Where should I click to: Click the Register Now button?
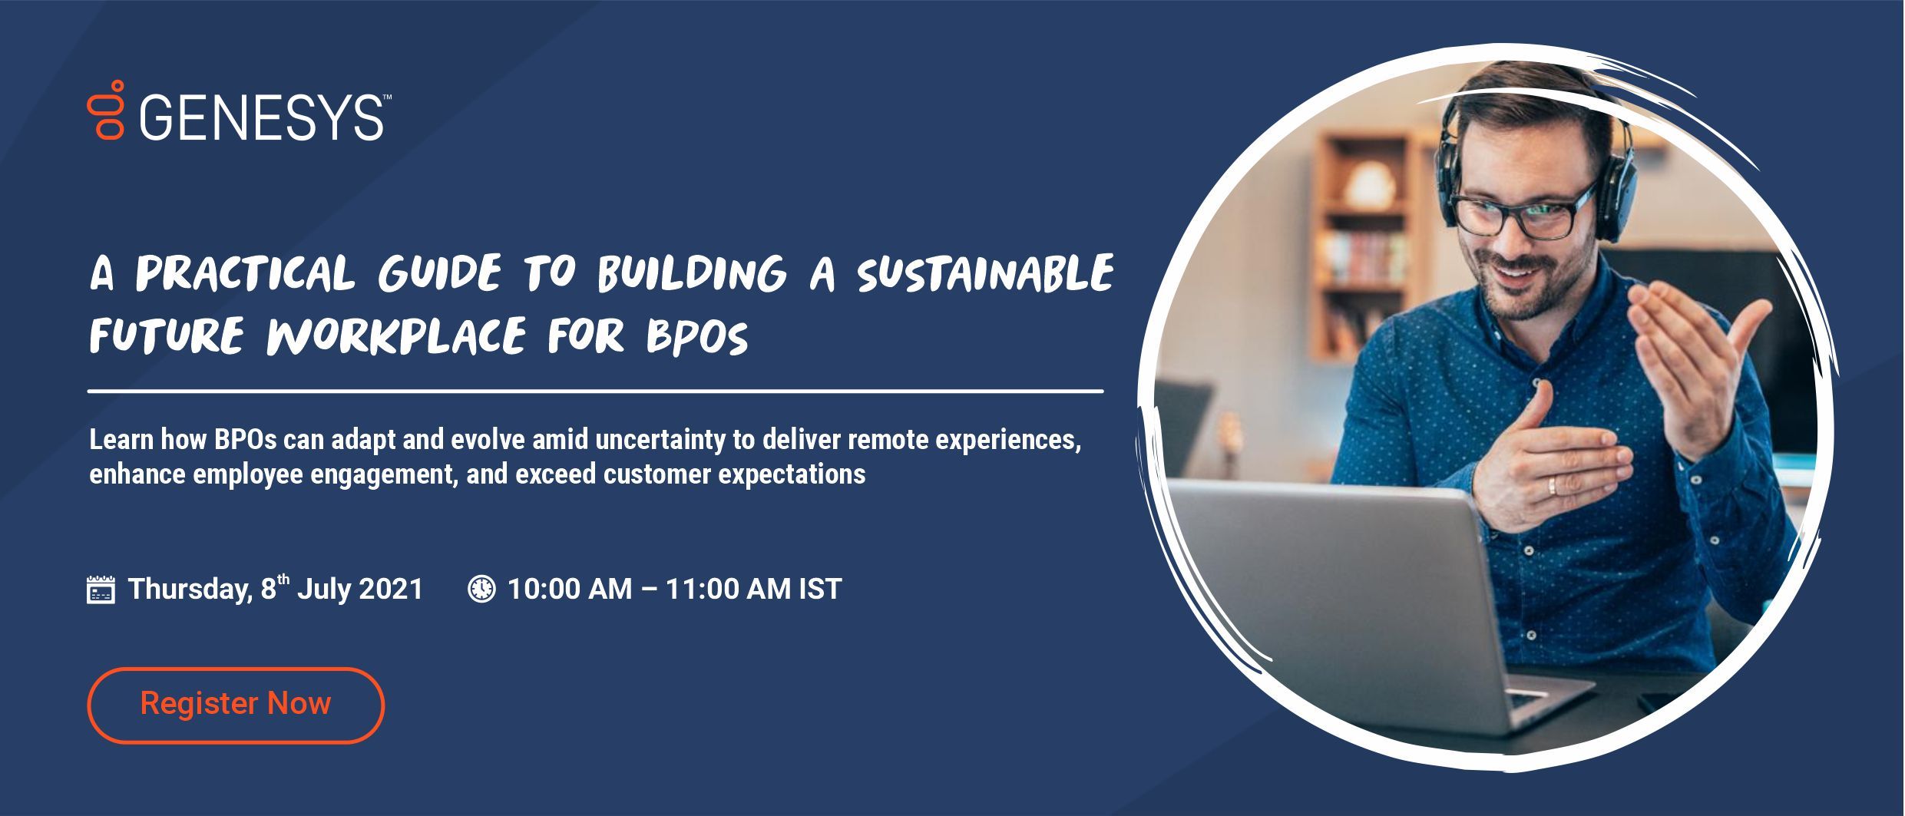[235, 705]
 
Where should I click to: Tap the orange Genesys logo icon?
[106, 110]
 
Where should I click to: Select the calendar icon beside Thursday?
[101, 590]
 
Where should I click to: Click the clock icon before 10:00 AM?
[481, 589]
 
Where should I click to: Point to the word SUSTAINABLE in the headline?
[985, 273]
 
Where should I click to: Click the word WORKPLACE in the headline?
[396, 337]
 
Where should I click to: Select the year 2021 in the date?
[391, 590]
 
